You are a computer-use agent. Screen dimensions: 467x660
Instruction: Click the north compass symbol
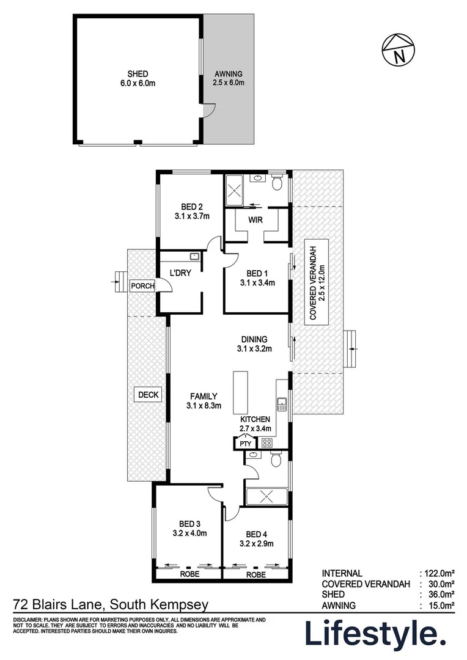(398, 50)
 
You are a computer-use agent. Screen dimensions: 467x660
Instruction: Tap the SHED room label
(138, 74)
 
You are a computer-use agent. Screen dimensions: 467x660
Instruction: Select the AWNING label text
(228, 74)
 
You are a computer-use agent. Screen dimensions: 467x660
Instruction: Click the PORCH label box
(142, 286)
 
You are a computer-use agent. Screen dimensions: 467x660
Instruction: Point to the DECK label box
(148, 395)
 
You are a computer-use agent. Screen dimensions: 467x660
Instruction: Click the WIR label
(256, 220)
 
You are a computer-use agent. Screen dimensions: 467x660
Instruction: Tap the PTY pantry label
(246, 444)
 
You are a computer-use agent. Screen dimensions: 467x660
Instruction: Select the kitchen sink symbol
(281, 405)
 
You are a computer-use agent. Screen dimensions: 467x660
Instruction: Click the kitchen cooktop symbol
(267, 442)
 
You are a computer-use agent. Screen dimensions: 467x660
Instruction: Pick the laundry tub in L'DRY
(194, 256)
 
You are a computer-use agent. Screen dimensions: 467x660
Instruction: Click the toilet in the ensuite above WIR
(277, 182)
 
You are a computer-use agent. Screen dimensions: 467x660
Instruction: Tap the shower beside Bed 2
(233, 191)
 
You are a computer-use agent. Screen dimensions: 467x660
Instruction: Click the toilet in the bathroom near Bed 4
(276, 459)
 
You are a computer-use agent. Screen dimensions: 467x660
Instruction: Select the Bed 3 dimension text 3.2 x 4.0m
(189, 533)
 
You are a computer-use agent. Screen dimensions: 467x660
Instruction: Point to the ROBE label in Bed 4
(256, 574)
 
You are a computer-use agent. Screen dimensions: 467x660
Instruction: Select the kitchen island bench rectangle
(241, 392)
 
